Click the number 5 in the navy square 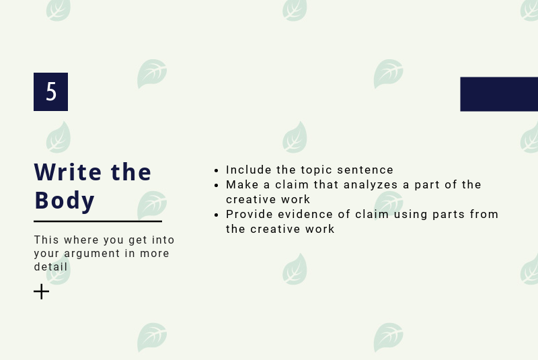click(51, 92)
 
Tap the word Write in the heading click(68, 172)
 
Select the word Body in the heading click(64, 201)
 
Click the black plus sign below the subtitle click(41, 292)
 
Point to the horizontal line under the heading click(98, 221)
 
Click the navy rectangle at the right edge click(499, 94)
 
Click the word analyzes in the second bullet click(371, 185)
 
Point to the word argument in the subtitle click(92, 254)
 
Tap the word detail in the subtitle click(51, 266)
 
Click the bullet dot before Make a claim click(216, 186)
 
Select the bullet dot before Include click(216, 170)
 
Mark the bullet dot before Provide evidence click(216, 215)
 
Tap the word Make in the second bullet click(242, 184)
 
